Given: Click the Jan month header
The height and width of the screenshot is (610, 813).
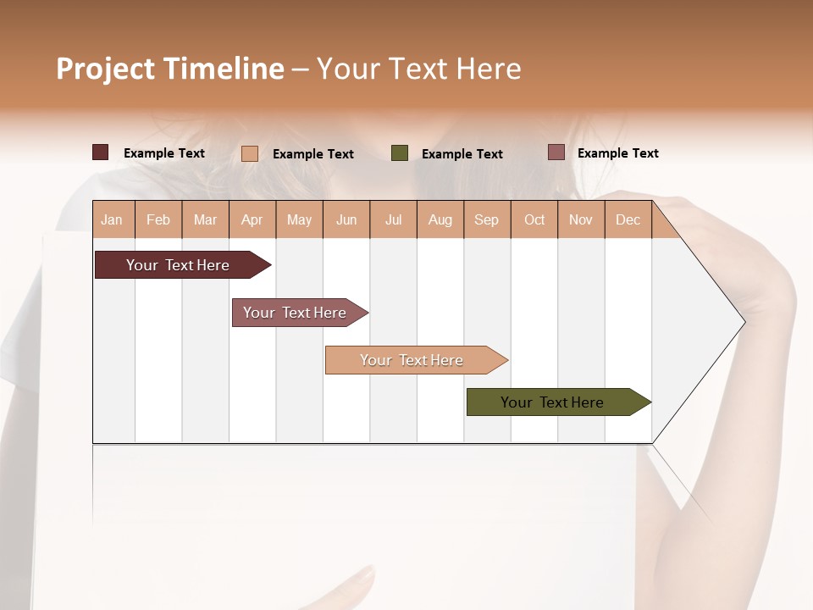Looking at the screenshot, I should tap(113, 220).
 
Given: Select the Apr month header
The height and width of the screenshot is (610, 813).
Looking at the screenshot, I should tap(252, 220).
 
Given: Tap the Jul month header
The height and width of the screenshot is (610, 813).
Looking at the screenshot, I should tap(394, 220).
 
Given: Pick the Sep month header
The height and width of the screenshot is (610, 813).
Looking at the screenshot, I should tap(487, 220).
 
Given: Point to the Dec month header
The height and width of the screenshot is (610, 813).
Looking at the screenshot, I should tap(628, 220).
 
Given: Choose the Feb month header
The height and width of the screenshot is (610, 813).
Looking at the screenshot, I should tap(158, 220).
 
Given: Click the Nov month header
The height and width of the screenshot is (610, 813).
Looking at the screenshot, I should tap(581, 220).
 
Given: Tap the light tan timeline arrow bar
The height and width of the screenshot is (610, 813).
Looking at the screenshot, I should tap(413, 360).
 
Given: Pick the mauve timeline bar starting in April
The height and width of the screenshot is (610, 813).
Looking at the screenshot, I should tap(296, 313).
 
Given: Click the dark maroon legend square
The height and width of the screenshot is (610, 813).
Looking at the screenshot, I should tap(100, 152).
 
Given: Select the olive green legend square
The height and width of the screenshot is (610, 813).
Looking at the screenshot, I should tap(400, 152).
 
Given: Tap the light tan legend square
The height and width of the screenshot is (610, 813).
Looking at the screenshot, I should tap(250, 153).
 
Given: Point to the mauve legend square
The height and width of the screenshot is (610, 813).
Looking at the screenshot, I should tap(556, 152).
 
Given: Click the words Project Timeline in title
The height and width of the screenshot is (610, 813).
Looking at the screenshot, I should tap(169, 69).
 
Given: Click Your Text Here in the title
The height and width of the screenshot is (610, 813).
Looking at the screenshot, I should tap(418, 69).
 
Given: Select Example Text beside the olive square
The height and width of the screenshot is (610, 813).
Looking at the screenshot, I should tap(462, 154).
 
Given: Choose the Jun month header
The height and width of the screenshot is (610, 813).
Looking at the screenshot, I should tap(346, 220).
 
